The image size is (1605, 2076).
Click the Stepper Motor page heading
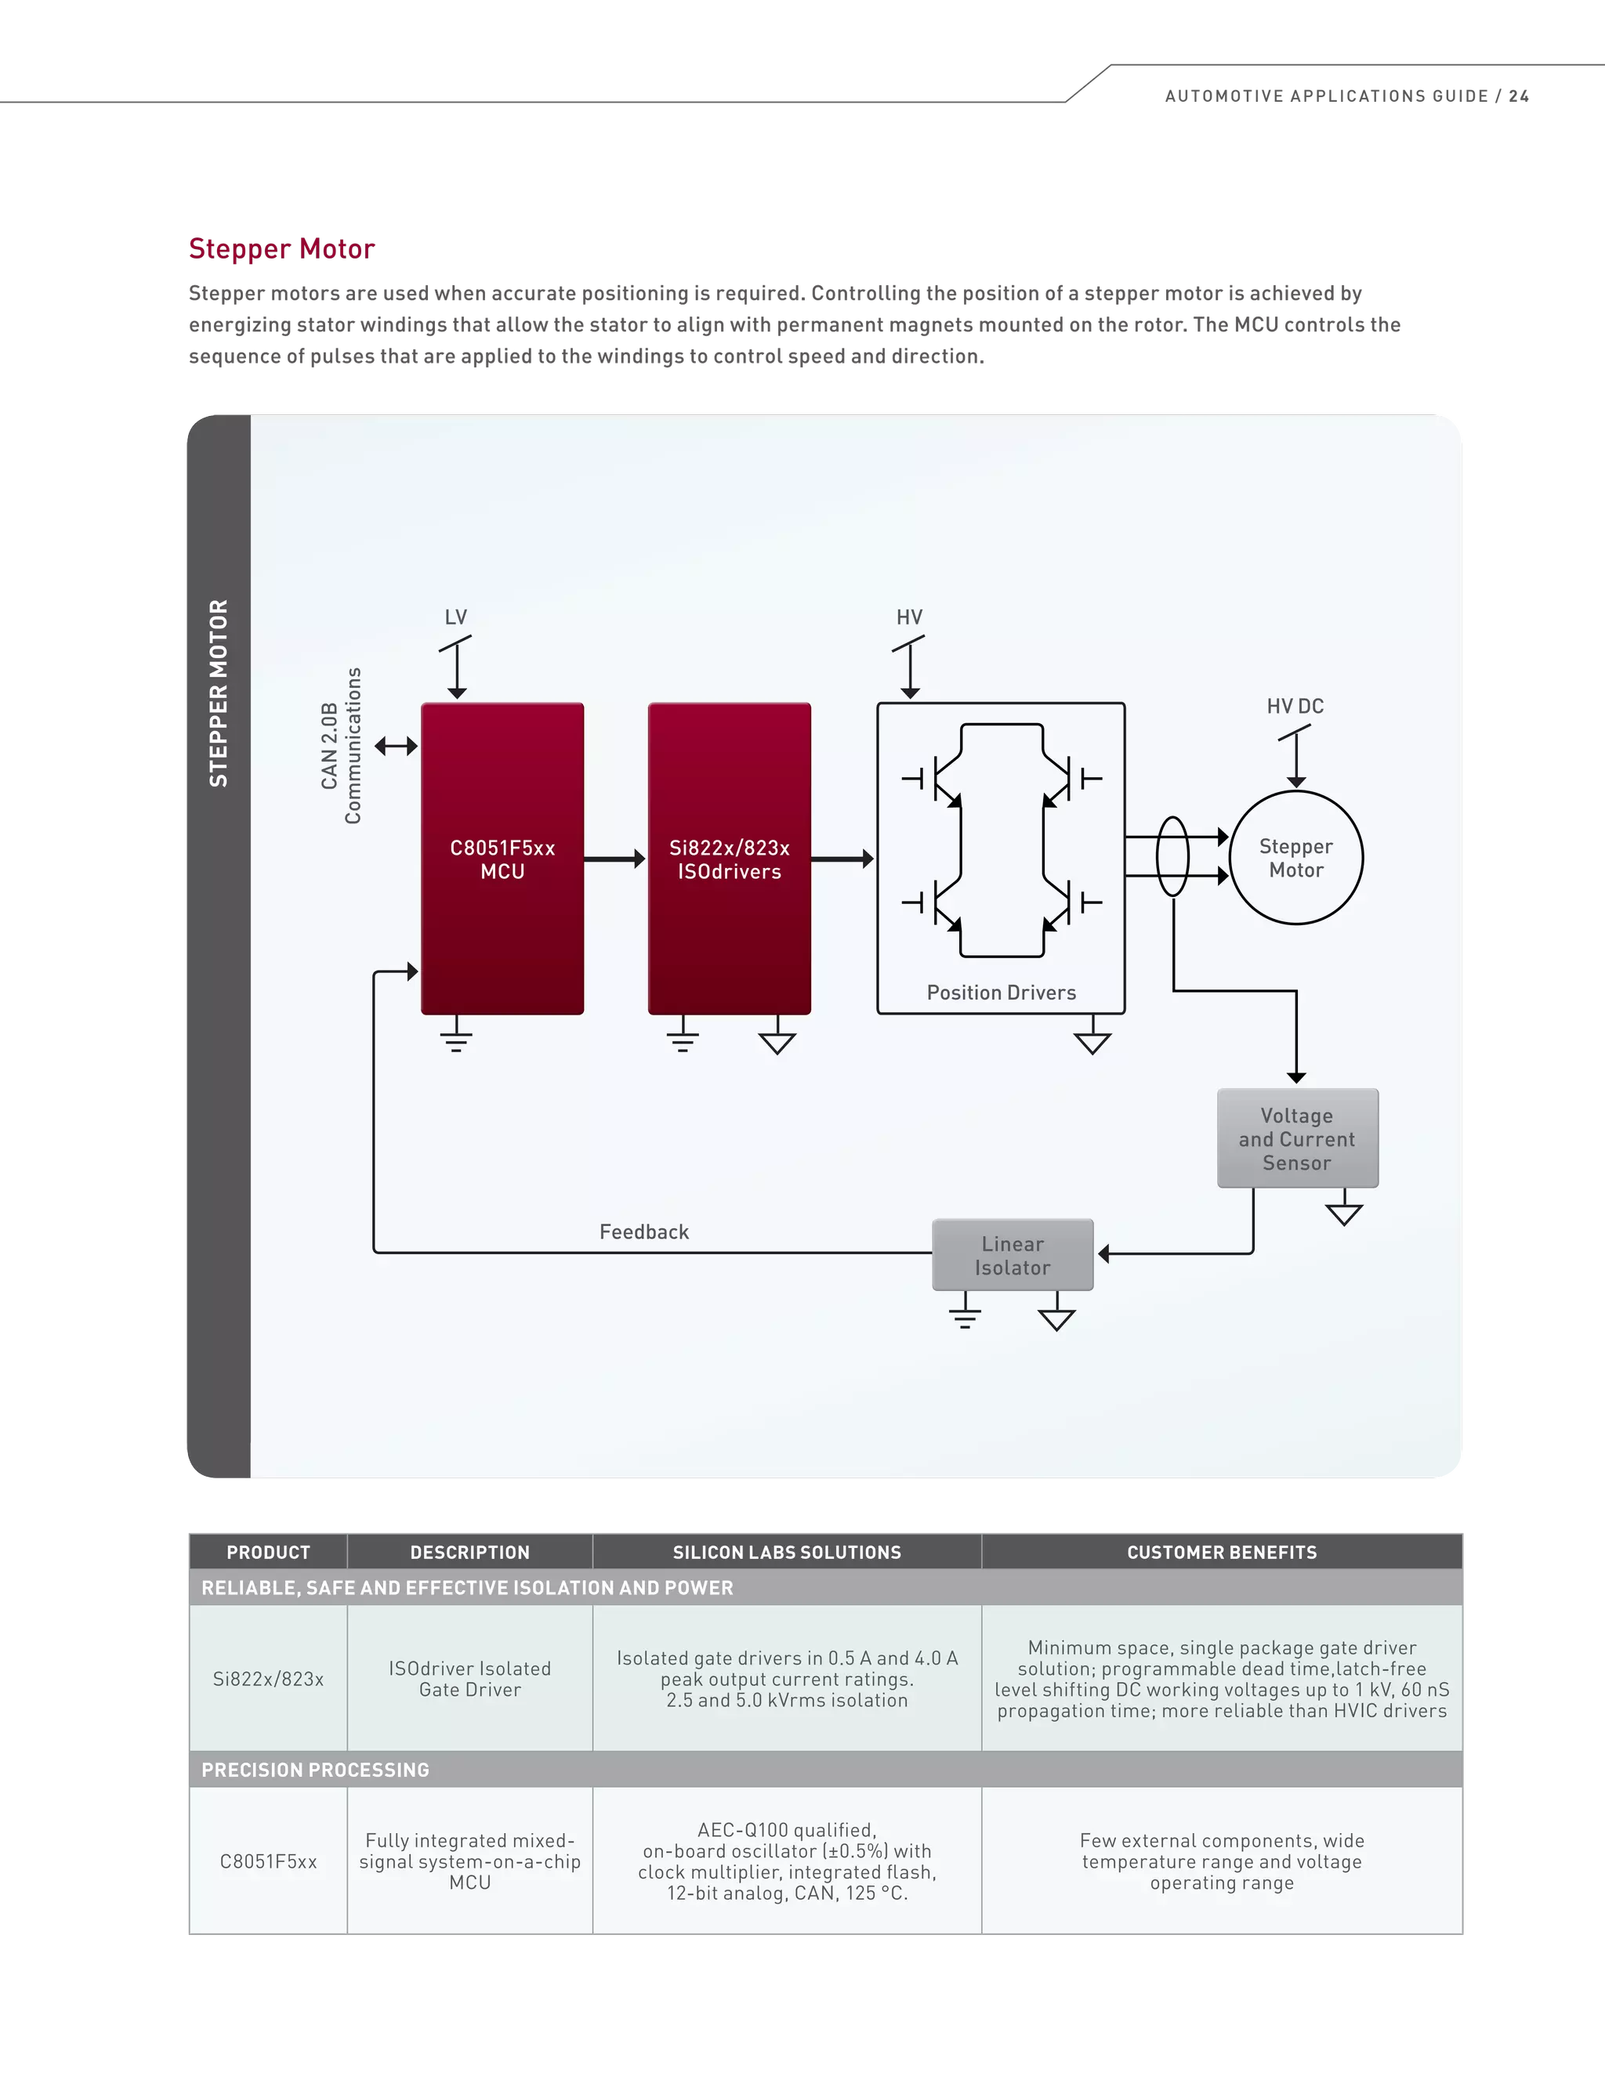point(281,249)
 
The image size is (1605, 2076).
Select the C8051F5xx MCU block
point(502,859)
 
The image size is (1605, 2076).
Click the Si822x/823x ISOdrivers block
point(730,859)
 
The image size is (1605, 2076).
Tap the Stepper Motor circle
point(1296,857)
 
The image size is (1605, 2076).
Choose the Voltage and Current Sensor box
point(1297,1137)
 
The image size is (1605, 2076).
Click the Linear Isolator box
point(1013,1255)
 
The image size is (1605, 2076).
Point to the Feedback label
point(643,1232)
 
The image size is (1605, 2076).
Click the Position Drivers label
point(1002,993)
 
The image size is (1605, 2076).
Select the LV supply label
point(456,617)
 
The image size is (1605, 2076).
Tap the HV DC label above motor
point(1295,707)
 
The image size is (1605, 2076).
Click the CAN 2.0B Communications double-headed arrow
point(397,746)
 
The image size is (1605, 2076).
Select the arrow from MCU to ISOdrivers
point(614,859)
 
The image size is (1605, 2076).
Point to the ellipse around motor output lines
point(1172,856)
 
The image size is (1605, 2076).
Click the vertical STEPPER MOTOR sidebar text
point(219,693)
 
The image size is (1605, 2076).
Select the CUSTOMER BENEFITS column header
point(1222,1552)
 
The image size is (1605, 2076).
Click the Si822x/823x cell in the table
point(268,1679)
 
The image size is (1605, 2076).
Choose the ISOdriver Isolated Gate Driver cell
point(469,1679)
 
